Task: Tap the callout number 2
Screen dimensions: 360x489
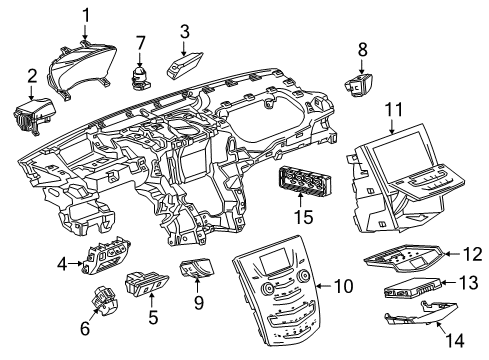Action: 32,76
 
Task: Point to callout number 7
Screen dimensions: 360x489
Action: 142,43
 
